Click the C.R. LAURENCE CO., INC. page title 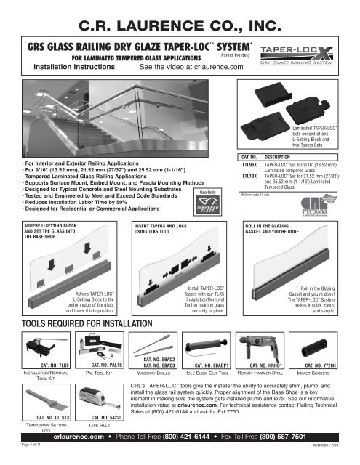[179, 27]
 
